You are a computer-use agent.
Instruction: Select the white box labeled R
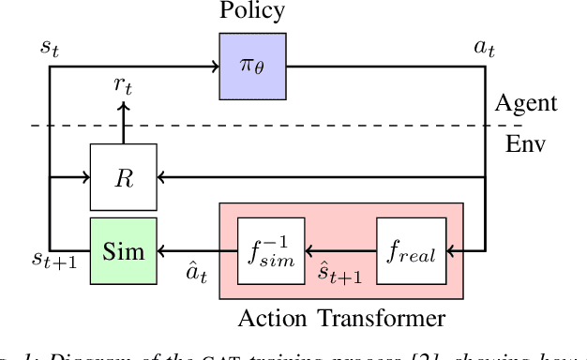(x=123, y=176)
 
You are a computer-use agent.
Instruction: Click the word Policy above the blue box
(x=250, y=12)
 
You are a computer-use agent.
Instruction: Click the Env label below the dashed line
(x=527, y=147)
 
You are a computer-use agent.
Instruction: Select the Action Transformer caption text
(x=340, y=318)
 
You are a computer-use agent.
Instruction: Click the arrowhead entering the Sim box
(x=163, y=250)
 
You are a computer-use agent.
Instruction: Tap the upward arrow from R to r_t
(x=123, y=124)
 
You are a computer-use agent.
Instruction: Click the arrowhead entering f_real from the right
(x=453, y=250)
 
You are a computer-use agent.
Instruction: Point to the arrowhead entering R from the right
(x=163, y=176)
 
